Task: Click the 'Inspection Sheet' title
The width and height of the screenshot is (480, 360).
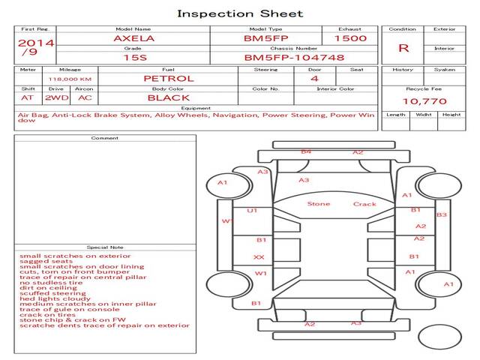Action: click(x=239, y=13)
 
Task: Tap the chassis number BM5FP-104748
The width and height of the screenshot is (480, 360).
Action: click(x=294, y=57)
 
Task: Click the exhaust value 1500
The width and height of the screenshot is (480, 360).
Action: click(x=350, y=37)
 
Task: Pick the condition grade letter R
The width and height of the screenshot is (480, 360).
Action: click(x=404, y=48)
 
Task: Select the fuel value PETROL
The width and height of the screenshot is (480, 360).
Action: click(x=168, y=78)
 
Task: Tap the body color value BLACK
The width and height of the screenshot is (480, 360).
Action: click(x=168, y=97)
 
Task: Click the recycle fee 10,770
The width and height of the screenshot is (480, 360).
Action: click(x=424, y=100)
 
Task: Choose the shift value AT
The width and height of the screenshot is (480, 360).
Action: click(x=27, y=97)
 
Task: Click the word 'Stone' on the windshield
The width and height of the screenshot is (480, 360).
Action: click(x=318, y=204)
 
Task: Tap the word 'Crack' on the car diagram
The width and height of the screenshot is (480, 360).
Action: click(x=364, y=204)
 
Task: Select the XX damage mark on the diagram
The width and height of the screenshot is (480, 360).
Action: click(x=259, y=257)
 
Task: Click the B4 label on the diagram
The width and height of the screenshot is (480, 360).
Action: click(x=306, y=152)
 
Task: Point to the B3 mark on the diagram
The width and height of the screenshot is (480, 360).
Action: click(x=442, y=215)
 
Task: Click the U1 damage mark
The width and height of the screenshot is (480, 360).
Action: click(x=252, y=211)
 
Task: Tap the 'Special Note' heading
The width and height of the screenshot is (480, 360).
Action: click(x=105, y=247)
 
